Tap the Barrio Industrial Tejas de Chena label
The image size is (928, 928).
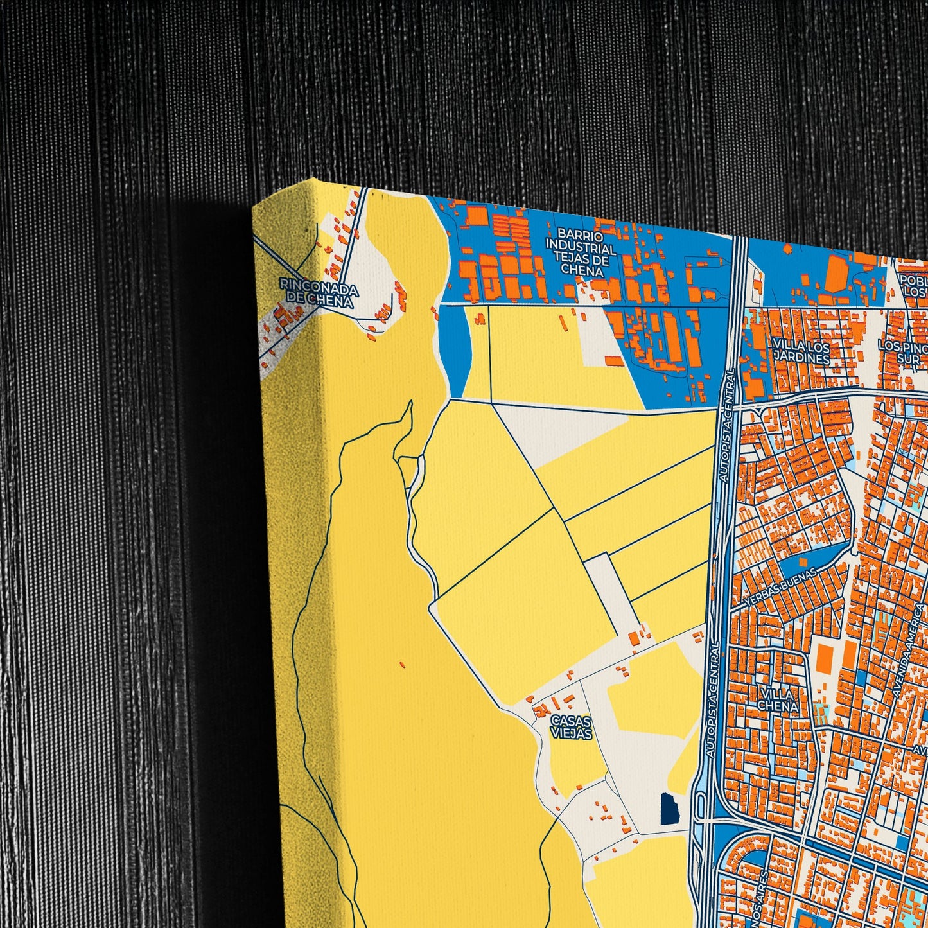click(581, 252)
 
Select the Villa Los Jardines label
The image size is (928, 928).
click(801, 352)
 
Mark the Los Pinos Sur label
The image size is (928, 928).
click(902, 352)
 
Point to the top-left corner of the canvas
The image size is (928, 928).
click(254, 207)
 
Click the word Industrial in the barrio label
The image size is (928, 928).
click(581, 248)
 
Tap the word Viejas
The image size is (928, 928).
click(571, 733)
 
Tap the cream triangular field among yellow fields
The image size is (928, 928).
click(552, 430)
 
